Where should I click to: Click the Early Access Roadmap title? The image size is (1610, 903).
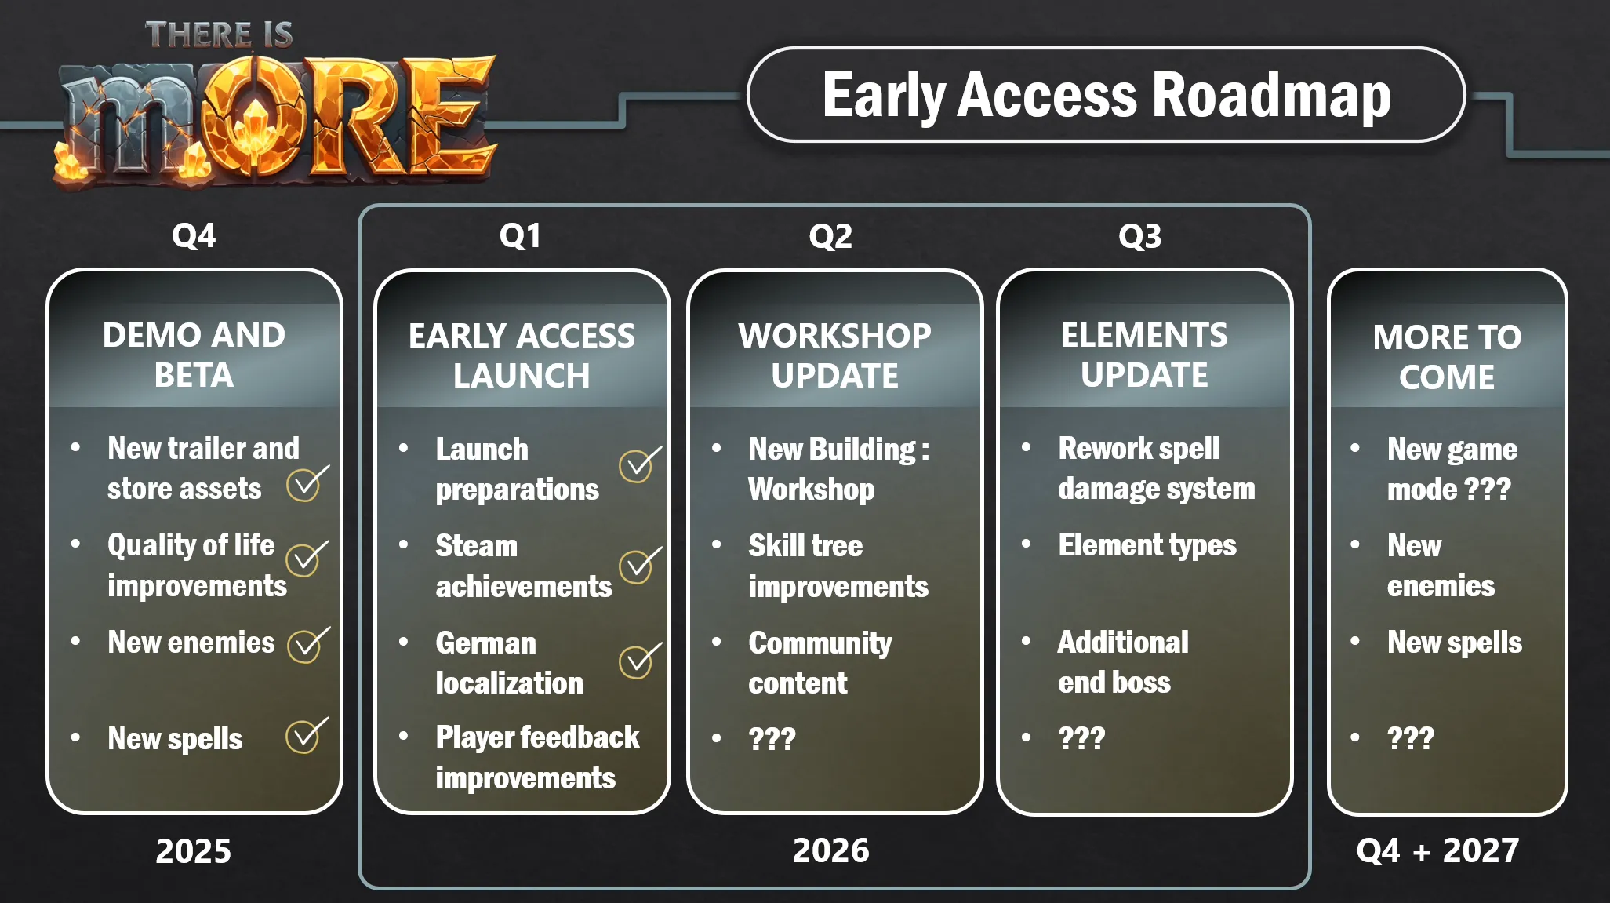coord(1107,95)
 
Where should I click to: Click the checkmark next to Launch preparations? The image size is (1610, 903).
coord(640,464)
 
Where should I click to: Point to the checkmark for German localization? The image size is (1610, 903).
coord(640,661)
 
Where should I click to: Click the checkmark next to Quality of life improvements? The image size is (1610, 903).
coord(307,558)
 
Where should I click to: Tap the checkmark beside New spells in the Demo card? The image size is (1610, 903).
coord(307,735)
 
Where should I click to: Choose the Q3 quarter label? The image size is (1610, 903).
coord(1139,236)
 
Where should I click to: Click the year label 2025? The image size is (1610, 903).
coord(194,851)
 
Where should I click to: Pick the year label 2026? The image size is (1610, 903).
coord(831,850)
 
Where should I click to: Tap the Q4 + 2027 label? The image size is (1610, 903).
coord(1437,850)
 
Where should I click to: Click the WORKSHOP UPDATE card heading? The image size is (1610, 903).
coord(834,355)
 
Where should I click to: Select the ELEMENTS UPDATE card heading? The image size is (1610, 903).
coord(1144,355)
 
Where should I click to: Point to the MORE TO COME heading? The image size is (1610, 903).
coord(1447,357)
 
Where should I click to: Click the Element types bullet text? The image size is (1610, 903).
coord(1147,545)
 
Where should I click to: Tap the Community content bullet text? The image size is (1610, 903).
coord(820,663)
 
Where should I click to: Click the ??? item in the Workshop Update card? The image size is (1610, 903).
coord(772,738)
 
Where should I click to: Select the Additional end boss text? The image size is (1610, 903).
coord(1123,662)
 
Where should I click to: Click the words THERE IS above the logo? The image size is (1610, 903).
coord(219,35)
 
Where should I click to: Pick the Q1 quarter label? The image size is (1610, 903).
coord(520,236)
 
